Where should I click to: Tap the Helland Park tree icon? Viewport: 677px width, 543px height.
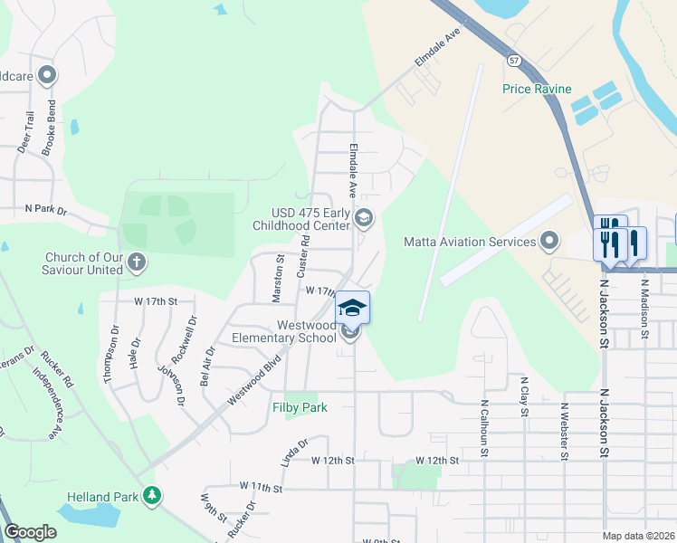click(155, 496)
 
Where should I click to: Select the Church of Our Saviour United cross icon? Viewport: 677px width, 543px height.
click(136, 262)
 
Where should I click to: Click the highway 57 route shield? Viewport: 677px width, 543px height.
click(514, 59)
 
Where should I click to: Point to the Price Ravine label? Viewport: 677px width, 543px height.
click(537, 89)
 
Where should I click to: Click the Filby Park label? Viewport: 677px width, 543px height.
click(300, 407)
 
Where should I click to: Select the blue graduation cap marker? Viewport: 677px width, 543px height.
click(353, 307)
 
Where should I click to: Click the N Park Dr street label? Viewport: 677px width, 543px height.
click(46, 209)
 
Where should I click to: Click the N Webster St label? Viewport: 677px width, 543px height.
click(563, 431)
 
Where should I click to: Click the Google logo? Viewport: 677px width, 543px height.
click(30, 532)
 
